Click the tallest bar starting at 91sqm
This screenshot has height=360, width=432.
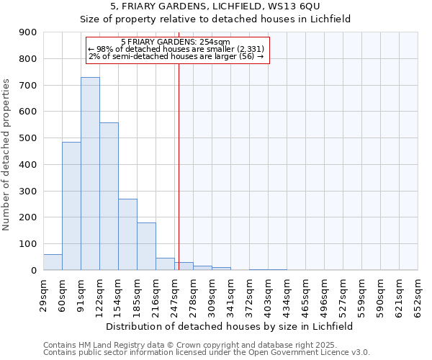[90, 174]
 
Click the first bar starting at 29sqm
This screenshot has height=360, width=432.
[53, 262]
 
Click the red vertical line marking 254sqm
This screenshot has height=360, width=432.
[179, 166]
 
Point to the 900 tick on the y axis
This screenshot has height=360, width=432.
[29, 32]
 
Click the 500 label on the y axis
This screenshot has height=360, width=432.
[29, 138]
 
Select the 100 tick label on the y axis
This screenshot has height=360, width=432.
[29, 244]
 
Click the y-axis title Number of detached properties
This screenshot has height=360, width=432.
[6, 151]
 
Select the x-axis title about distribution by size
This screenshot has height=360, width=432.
[230, 326]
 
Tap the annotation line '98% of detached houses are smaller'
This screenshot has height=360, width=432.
[176, 49]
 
